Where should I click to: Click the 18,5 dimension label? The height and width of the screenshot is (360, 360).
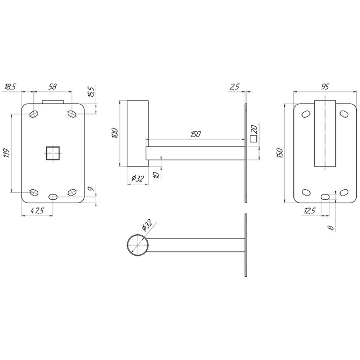coord(10,87)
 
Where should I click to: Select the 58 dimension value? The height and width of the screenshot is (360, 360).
coord(52,87)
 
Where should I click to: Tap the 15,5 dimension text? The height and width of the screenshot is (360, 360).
coord(91,92)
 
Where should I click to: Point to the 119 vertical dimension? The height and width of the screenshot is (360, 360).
coord(6,153)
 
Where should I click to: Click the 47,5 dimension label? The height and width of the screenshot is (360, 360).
coord(37,211)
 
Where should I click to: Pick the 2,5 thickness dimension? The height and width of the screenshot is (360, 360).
coord(234,87)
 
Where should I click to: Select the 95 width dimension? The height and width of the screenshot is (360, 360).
coord(325,87)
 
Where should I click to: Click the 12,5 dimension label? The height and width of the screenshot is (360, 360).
coord(309,211)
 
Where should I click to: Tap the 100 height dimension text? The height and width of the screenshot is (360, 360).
coord(115,133)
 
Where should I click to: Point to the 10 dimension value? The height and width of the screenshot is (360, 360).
coord(156,175)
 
